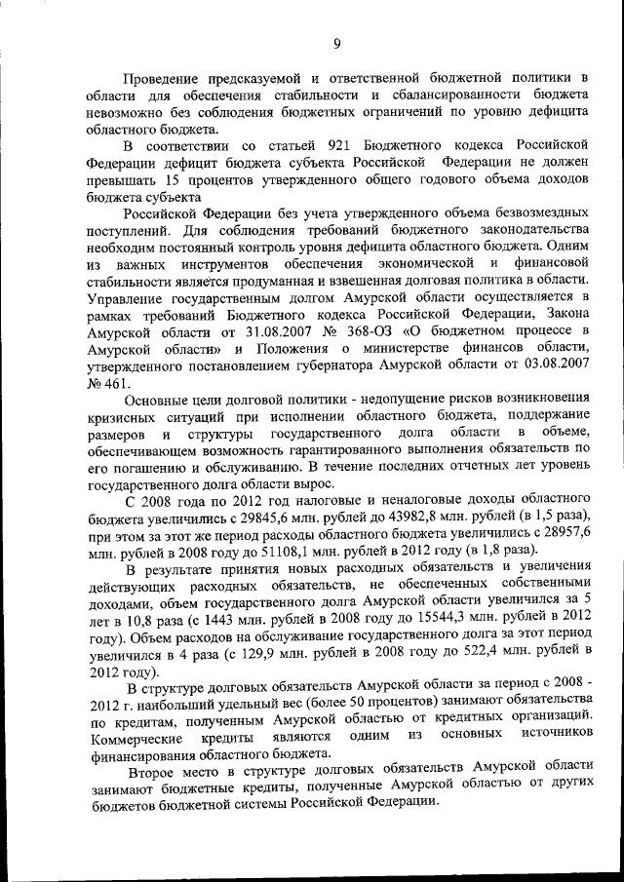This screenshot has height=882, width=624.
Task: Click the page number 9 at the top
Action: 335,42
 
